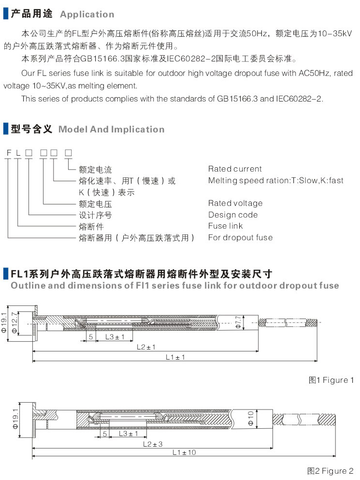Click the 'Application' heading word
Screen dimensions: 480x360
coord(87,15)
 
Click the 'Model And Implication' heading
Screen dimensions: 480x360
coord(111,130)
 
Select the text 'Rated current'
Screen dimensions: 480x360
coord(235,169)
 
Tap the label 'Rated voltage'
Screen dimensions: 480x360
coord(235,203)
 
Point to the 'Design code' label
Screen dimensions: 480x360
coord(233,215)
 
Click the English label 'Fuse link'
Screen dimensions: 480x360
coord(226,226)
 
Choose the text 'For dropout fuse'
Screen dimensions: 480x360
coord(240,237)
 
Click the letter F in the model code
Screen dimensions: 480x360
coord(9,153)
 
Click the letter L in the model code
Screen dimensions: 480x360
coord(18,153)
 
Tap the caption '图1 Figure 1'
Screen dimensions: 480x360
coord(331,380)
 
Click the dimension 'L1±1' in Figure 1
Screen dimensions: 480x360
coord(175,357)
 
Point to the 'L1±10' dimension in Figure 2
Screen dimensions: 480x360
coord(184,452)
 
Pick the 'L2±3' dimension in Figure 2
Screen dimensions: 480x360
coord(153,443)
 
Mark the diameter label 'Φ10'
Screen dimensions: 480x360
coord(251,417)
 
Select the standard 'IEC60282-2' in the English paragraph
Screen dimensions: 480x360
coord(297,99)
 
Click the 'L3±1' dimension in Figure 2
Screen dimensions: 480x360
coord(128,434)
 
